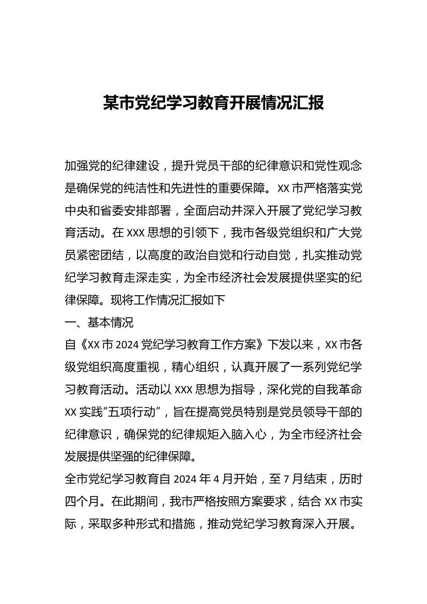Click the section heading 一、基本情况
[99, 323]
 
